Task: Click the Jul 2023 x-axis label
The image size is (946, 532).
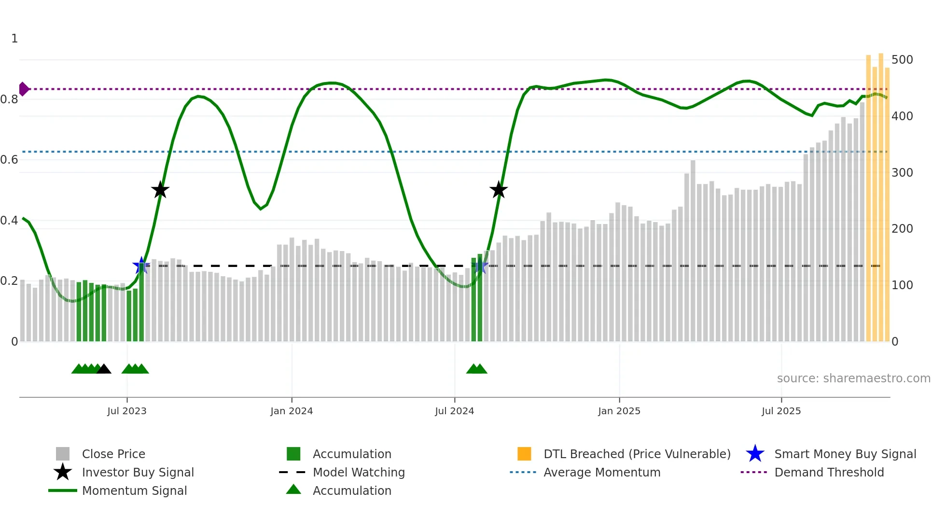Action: tap(126, 411)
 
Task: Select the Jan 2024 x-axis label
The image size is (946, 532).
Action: tap(292, 411)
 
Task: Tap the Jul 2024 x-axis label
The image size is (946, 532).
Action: tap(454, 411)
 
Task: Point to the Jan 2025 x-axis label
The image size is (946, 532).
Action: tap(619, 411)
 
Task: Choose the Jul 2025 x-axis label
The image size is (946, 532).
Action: tap(781, 411)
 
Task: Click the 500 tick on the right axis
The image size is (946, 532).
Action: tap(902, 60)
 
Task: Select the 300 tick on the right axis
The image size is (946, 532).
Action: tap(902, 173)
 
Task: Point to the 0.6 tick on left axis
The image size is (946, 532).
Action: tap(9, 160)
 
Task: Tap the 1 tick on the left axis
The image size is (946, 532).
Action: tap(14, 39)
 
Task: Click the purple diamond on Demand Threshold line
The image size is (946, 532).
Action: tap(23, 89)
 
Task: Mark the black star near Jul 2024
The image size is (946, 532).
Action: tap(499, 190)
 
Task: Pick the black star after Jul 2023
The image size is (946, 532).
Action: tap(160, 190)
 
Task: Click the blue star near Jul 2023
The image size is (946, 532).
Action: tap(141, 266)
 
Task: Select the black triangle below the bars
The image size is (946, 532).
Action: tap(104, 369)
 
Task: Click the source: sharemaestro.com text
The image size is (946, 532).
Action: tap(853, 378)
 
